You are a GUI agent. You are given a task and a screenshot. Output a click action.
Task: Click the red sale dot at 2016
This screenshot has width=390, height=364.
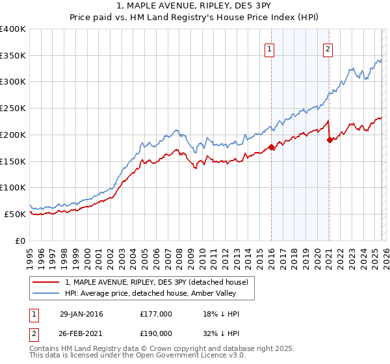point(271,147)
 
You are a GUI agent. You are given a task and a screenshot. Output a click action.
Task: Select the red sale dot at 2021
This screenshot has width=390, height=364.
point(330,140)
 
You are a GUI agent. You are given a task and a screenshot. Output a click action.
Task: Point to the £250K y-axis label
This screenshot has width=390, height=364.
point(13,109)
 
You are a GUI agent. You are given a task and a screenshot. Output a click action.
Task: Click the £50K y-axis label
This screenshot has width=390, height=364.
point(16,214)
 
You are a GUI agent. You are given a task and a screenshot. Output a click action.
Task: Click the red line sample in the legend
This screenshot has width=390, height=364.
point(46,283)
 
